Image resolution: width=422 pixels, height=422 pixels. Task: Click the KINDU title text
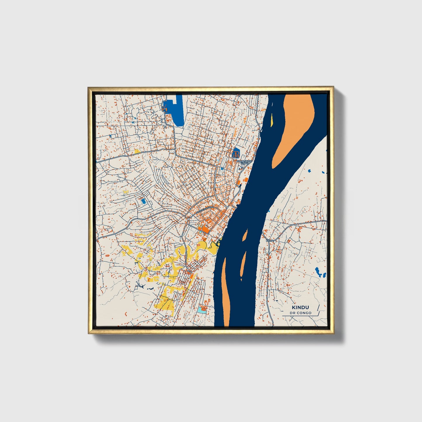click(300, 307)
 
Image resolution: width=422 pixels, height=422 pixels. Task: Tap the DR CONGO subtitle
click(301, 313)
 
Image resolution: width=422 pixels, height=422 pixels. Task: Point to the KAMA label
click(270, 240)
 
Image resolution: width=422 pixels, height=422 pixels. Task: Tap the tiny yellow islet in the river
click(272, 120)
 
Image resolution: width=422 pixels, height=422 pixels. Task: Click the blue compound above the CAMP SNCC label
click(236, 153)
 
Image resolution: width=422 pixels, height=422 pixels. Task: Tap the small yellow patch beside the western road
click(136, 151)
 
